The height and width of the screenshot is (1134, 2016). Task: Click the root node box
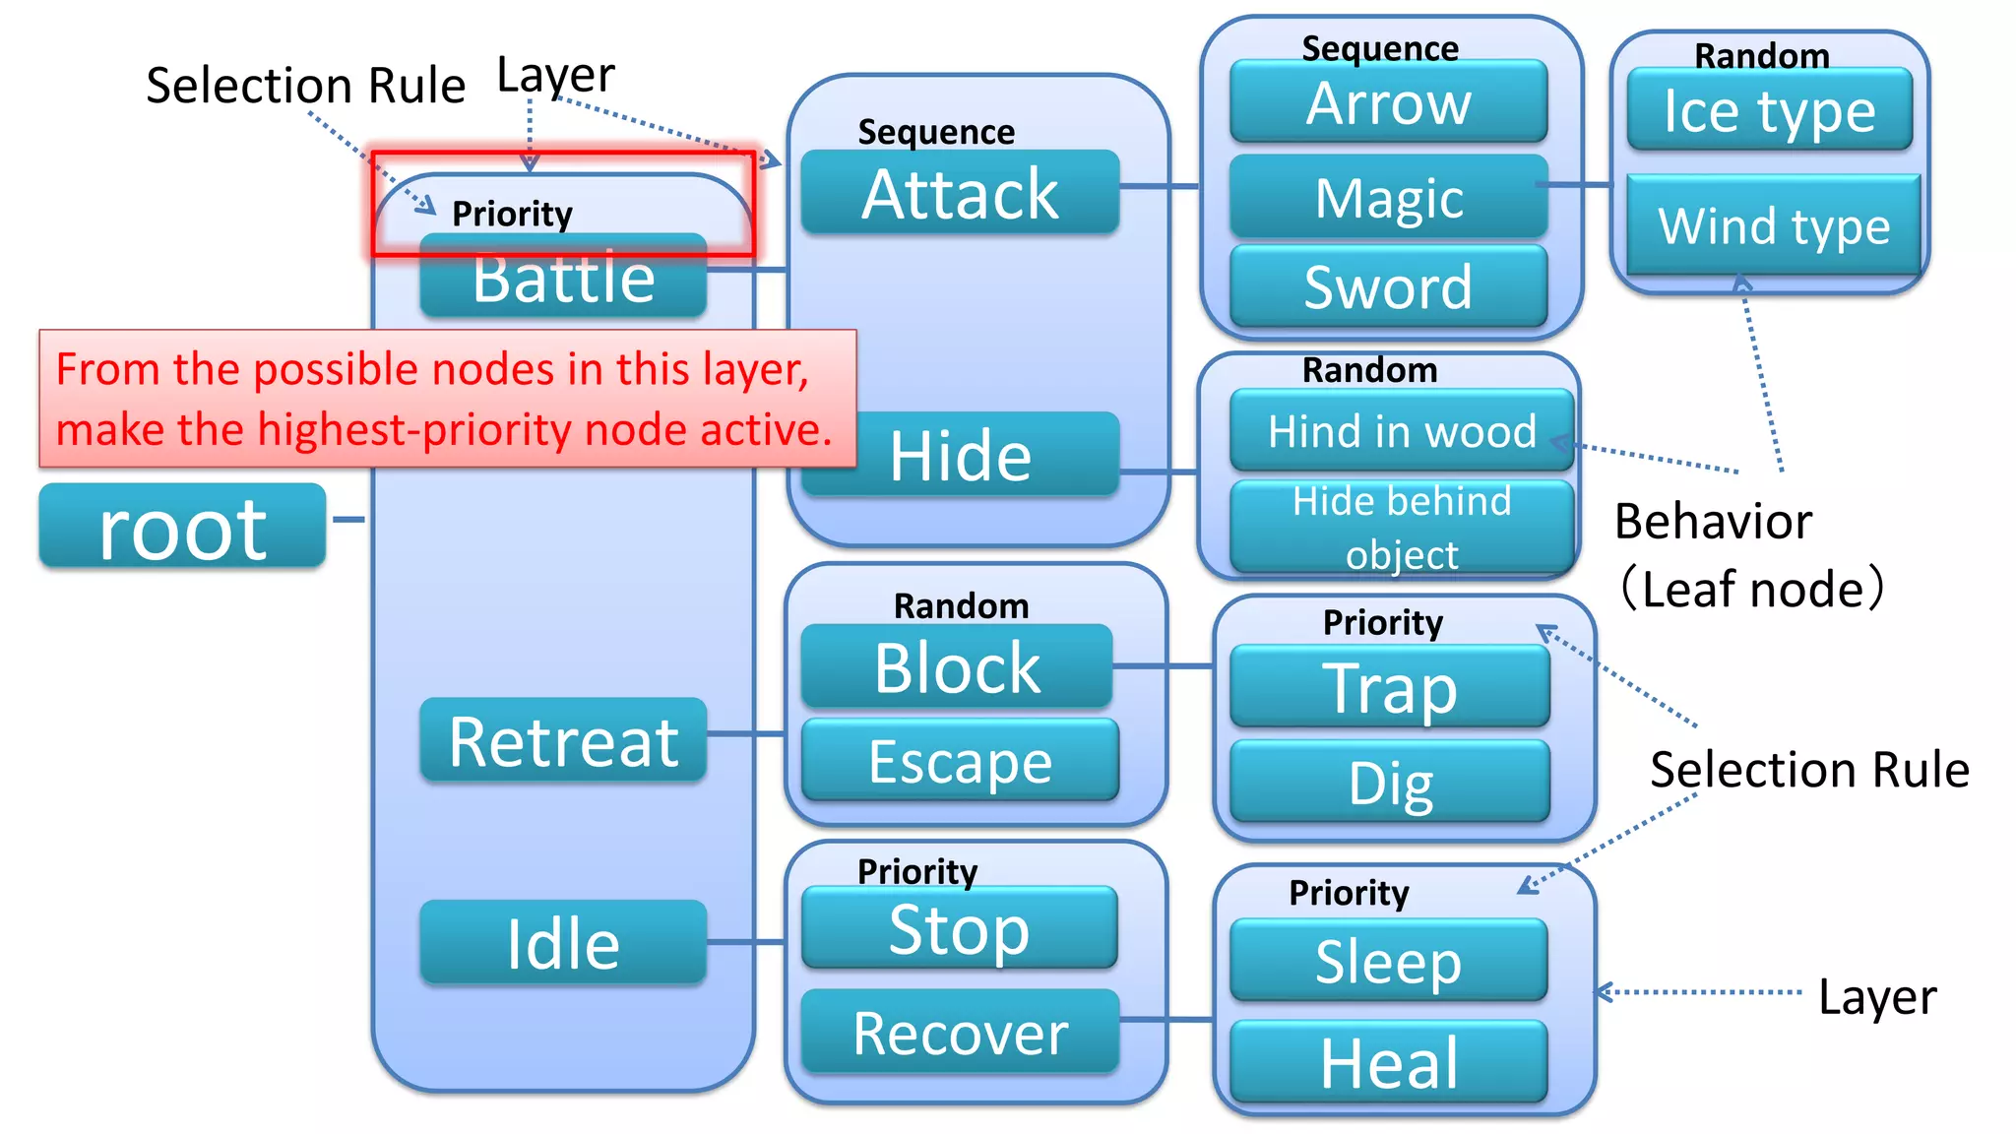pos(182,527)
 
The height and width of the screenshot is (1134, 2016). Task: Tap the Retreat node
pos(563,740)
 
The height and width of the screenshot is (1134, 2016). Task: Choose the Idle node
pos(563,943)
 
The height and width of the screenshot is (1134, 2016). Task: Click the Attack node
pos(960,193)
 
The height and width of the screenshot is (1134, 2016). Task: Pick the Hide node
pos(960,456)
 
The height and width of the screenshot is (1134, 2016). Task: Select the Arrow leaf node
pos(1388,102)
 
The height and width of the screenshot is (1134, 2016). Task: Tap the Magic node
pos(1388,197)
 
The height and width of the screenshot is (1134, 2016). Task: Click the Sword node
pos(1388,286)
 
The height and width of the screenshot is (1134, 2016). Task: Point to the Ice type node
pos(1769,110)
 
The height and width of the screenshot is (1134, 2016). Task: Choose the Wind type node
pos(1773,225)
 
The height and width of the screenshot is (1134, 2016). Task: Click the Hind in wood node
pos(1402,431)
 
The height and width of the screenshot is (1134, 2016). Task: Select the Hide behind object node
pos(1402,528)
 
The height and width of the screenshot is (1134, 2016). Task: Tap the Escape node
pos(960,761)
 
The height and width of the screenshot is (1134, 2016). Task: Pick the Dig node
pos(1390,783)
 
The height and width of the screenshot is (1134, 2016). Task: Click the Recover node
pos(960,1033)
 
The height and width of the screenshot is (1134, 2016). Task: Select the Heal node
pos(1388,1063)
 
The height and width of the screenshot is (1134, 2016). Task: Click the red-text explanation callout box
pos(447,399)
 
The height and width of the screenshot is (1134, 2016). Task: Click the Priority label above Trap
pos(1382,622)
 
